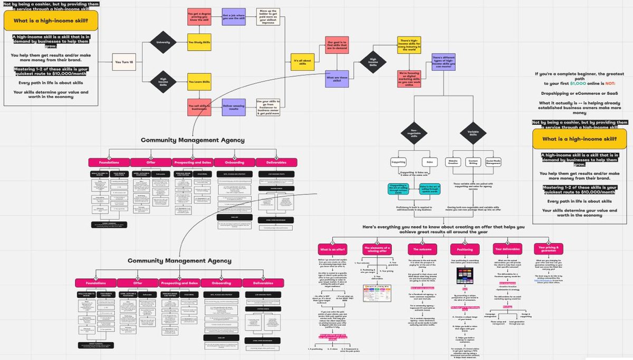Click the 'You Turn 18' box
[124, 62]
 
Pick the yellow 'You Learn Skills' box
[199, 82]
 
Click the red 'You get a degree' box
[199, 16]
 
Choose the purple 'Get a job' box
[233, 16]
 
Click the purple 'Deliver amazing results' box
[233, 107]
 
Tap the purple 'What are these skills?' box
[337, 79]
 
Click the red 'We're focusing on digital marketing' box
[409, 79]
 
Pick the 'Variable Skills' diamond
[472, 132]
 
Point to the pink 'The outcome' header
[422, 248]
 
